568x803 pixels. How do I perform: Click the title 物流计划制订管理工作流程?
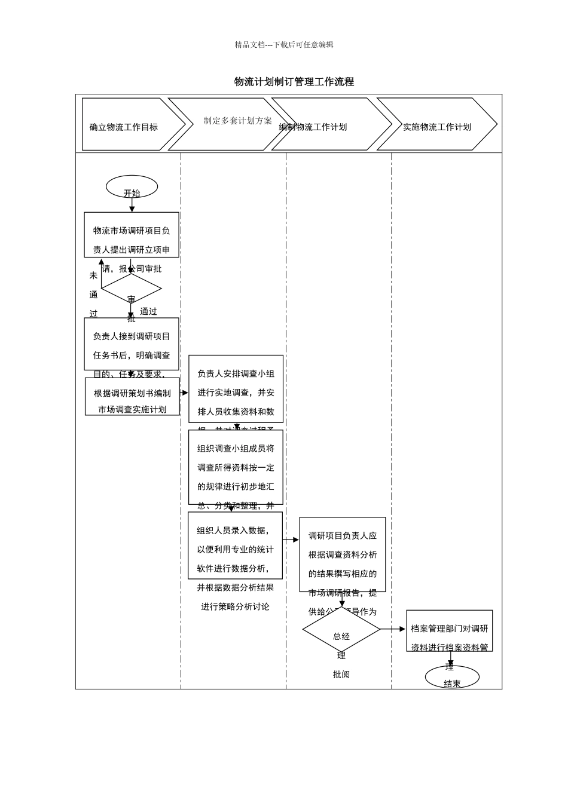click(294, 82)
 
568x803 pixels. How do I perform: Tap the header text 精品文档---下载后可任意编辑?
click(283, 45)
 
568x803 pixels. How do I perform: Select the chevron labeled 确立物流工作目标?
click(129, 124)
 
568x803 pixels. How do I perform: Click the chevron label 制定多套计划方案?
click(237, 121)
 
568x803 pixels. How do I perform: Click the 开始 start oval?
click(132, 187)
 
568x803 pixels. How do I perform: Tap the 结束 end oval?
click(452, 678)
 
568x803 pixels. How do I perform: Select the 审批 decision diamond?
click(132, 289)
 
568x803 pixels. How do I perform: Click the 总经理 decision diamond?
click(341, 630)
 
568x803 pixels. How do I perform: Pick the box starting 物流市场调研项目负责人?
click(132, 235)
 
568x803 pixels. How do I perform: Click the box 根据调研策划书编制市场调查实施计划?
click(132, 397)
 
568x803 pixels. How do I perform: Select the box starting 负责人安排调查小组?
click(236, 389)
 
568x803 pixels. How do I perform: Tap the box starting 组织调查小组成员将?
click(236, 467)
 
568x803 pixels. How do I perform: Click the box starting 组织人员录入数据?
click(235, 545)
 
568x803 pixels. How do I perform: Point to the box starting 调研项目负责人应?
click(343, 554)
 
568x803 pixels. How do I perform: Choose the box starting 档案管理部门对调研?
click(450, 631)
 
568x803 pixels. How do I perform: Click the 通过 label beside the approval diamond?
click(148, 311)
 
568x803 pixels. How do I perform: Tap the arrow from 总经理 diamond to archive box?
click(393, 629)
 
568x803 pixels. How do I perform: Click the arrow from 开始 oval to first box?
click(132, 205)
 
